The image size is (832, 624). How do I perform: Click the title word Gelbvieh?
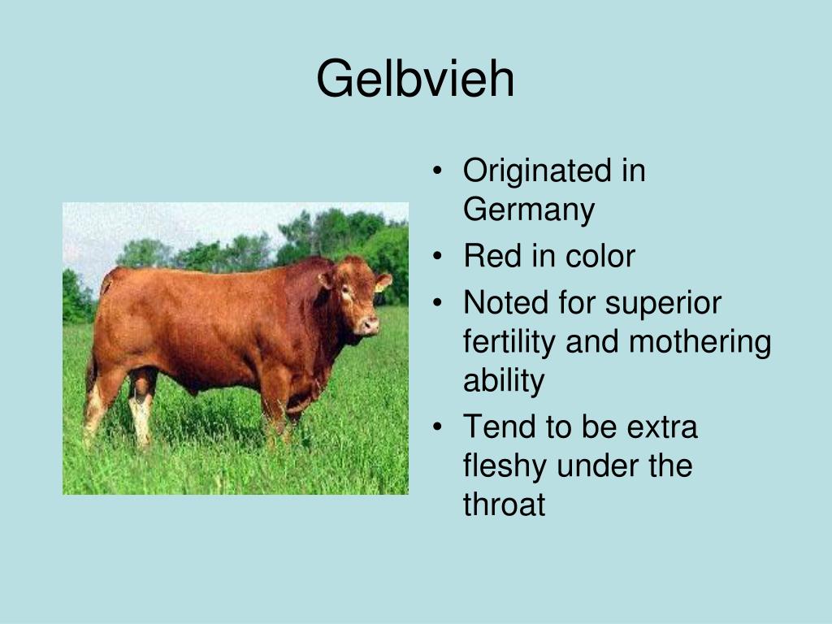415,79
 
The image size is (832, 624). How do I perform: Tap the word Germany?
529,210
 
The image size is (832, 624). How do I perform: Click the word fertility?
509,341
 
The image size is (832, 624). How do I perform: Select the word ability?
504,381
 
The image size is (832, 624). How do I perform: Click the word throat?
504,504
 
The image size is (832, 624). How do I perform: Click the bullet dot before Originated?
437,171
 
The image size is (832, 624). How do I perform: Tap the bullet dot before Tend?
437,427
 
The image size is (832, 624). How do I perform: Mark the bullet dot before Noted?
437,303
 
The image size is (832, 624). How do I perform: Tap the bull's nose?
370,323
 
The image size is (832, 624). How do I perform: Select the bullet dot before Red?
437,256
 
